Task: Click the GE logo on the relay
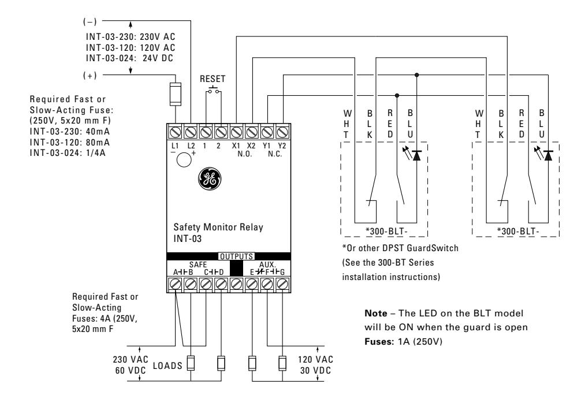pyautogui.click(x=209, y=179)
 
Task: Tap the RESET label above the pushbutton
pyautogui.click(x=213, y=79)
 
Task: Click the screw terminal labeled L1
pyautogui.click(x=176, y=132)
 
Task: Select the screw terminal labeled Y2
pyautogui.click(x=282, y=132)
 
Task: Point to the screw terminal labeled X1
pyautogui.click(x=236, y=132)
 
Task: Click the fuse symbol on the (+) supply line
pyautogui.click(x=176, y=94)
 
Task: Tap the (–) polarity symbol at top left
pyautogui.click(x=90, y=21)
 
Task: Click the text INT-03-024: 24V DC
pyautogui.click(x=129, y=58)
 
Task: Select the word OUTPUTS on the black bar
pyautogui.click(x=237, y=256)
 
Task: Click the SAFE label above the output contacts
pyautogui.click(x=198, y=264)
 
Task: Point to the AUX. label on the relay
pyautogui.click(x=267, y=264)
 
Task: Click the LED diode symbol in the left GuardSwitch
pyautogui.click(x=416, y=155)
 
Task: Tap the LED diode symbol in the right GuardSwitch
pyautogui.click(x=548, y=155)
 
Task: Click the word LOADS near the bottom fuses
pyautogui.click(x=168, y=365)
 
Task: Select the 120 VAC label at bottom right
pyautogui.click(x=315, y=359)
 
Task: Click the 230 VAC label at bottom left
pyautogui.click(x=131, y=359)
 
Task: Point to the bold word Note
pyautogui.click(x=376, y=313)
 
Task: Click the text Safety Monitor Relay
pyautogui.click(x=218, y=227)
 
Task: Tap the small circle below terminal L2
pyautogui.click(x=184, y=160)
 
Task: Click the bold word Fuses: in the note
pyautogui.click(x=379, y=341)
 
